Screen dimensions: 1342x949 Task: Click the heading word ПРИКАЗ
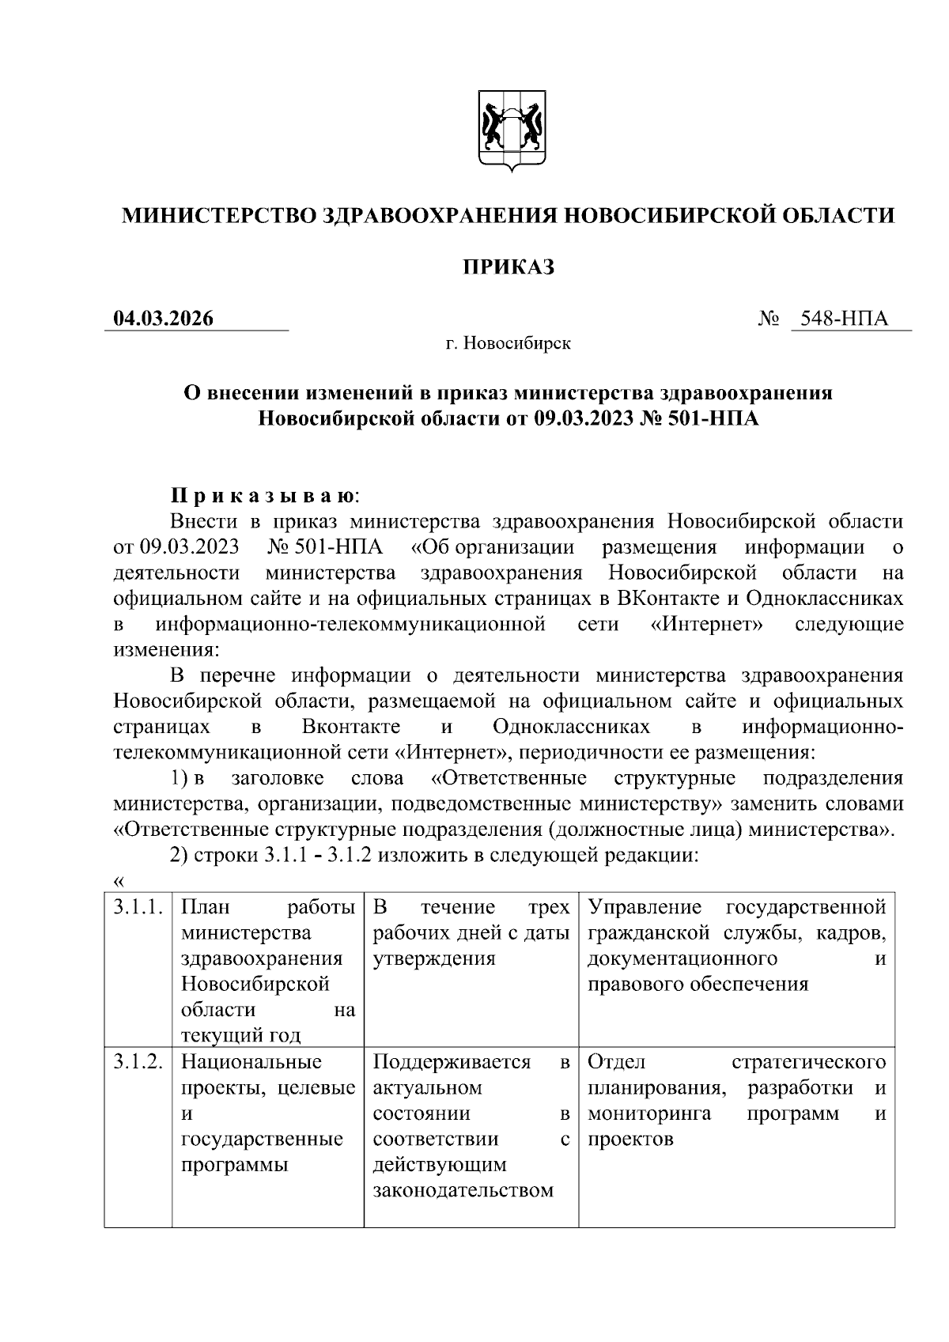click(x=508, y=267)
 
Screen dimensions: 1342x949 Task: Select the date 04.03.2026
click(x=164, y=319)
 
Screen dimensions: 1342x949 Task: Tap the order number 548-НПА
click(x=844, y=319)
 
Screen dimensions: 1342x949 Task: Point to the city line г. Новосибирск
click(x=508, y=344)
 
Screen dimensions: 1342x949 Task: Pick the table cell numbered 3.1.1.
click(x=138, y=908)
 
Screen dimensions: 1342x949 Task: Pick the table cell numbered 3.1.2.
click(x=138, y=1062)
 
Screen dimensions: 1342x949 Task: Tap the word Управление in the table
click(x=645, y=908)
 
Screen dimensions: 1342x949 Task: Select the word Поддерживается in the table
click(x=451, y=1062)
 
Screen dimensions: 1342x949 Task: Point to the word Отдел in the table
click(x=617, y=1062)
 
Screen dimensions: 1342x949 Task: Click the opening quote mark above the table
click(x=119, y=882)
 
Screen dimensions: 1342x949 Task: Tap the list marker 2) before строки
click(x=180, y=856)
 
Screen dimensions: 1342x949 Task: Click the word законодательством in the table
click(x=463, y=1190)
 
